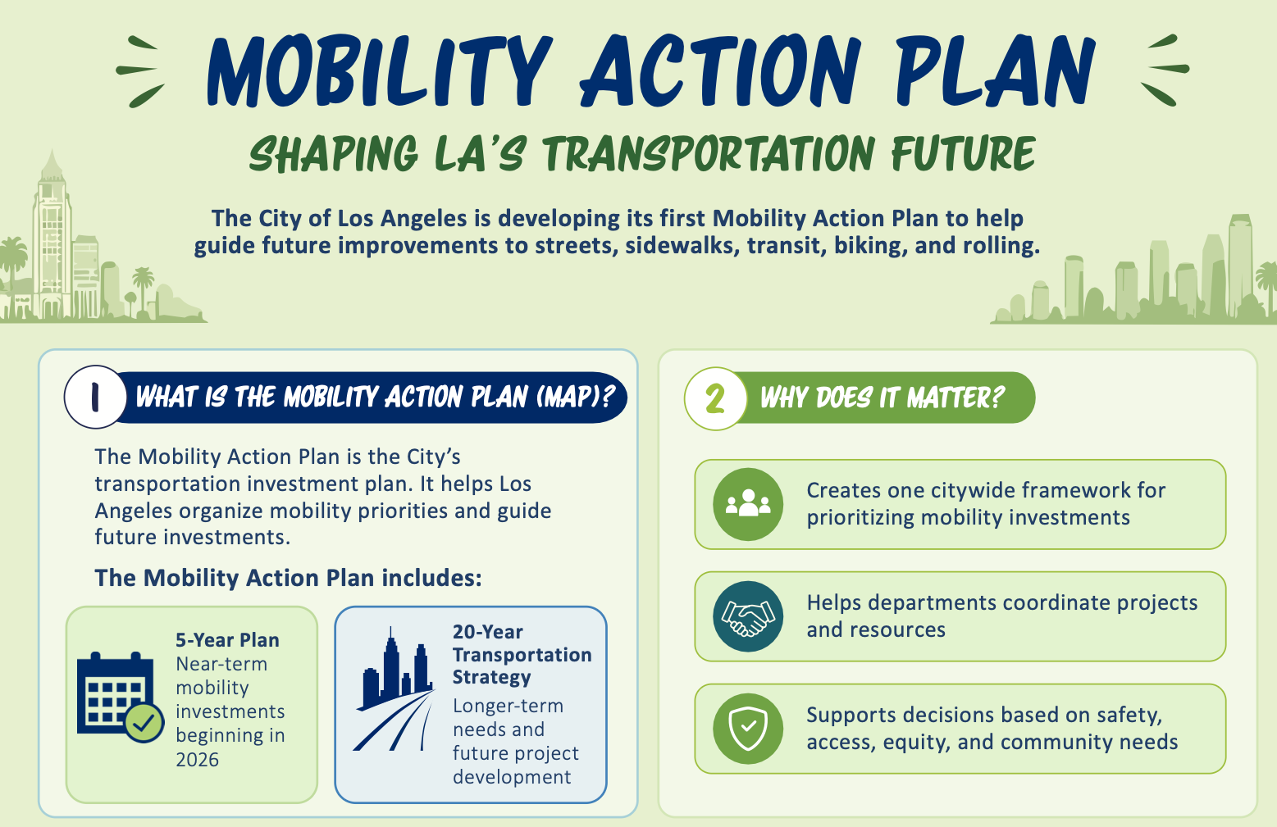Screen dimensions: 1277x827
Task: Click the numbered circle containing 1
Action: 95,397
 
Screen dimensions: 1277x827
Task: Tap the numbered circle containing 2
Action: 715,398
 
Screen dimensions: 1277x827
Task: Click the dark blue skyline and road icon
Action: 394,688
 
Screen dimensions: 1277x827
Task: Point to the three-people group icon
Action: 748,504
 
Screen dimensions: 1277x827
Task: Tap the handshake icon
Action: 748,616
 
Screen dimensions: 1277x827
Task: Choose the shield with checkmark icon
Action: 748,729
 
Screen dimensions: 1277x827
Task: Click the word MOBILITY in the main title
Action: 380,70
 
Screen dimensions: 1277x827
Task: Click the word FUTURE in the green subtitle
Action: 963,153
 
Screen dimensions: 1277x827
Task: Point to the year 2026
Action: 198,759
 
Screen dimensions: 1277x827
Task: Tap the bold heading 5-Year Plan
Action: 227,640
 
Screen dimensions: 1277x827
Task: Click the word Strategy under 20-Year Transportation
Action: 491,678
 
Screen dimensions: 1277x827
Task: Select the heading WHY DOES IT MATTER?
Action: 882,398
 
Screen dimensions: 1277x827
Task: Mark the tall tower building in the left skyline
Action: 52,234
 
